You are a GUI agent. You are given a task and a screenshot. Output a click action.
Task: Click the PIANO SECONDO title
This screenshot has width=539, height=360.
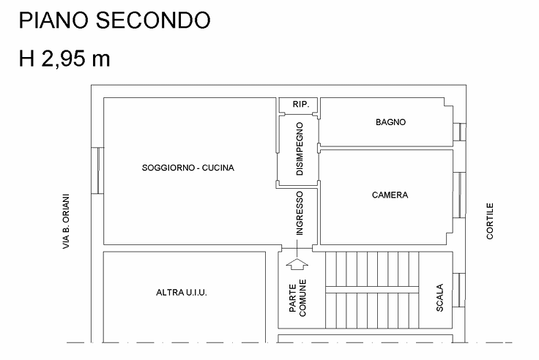click(x=114, y=20)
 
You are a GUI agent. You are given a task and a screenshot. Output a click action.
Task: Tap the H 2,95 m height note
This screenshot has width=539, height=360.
click(x=64, y=58)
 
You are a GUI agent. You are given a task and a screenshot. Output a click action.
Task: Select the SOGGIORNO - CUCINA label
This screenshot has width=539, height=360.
click(x=188, y=168)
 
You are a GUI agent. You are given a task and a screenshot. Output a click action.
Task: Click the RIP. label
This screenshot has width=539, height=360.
click(x=301, y=104)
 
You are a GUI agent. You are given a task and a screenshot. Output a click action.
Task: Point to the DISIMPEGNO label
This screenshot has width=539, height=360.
click(x=300, y=149)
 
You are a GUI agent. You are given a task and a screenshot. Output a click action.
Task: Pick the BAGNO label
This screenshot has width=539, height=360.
click(x=390, y=122)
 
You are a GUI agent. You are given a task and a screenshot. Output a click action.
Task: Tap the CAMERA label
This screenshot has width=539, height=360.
click(x=390, y=195)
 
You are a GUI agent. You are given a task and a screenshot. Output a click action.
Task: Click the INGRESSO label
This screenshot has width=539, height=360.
click(x=300, y=214)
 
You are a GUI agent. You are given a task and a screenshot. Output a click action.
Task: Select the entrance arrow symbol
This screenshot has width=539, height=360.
click(x=297, y=264)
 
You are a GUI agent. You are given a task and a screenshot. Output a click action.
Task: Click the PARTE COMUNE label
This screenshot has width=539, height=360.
click(x=297, y=298)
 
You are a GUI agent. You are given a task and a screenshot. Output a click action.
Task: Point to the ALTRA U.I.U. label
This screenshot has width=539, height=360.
click(x=182, y=293)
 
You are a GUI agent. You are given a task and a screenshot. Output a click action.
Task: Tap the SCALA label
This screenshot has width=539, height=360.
click(x=439, y=298)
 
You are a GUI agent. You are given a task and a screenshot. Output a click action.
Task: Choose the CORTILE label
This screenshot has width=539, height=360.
click(x=490, y=221)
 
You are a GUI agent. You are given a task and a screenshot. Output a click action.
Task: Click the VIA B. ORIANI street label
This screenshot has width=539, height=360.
click(x=66, y=222)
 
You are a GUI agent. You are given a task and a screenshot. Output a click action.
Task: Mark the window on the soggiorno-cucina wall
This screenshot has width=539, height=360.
click(x=97, y=170)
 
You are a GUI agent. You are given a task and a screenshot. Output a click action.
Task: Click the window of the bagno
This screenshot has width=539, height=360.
click(x=460, y=132)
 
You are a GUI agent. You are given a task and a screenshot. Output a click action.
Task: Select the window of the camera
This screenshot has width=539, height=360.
click(x=460, y=195)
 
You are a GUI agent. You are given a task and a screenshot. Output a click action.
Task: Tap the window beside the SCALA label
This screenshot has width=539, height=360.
click(x=459, y=290)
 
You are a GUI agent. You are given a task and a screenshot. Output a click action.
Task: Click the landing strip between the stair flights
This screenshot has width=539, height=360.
click(x=372, y=290)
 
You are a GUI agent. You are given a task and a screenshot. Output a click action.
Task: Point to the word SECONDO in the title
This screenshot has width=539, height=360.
click(x=152, y=20)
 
